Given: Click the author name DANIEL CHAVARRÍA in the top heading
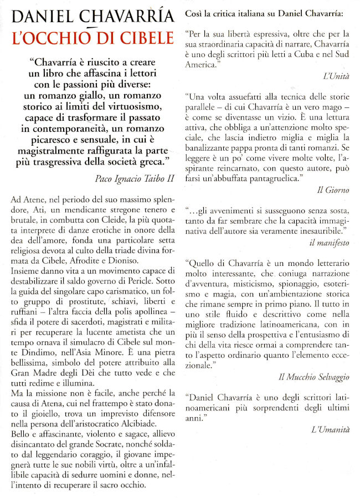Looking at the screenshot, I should coord(92,17).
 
